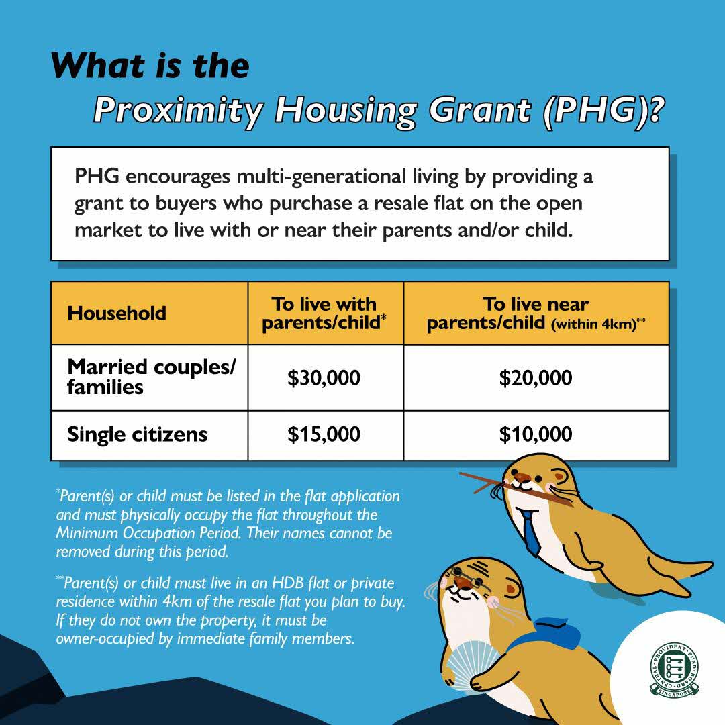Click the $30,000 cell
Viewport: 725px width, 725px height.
[324, 378]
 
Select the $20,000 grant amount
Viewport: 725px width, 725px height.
[536, 378]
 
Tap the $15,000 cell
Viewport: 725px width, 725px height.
[324, 435]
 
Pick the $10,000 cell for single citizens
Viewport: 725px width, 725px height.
[536, 435]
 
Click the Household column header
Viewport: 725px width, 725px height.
[117, 313]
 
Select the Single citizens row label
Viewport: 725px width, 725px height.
[137, 435]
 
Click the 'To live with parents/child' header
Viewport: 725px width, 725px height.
[325, 313]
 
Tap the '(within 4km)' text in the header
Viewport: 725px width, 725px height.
[593, 325]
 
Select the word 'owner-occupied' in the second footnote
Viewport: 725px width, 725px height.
[97, 638]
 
